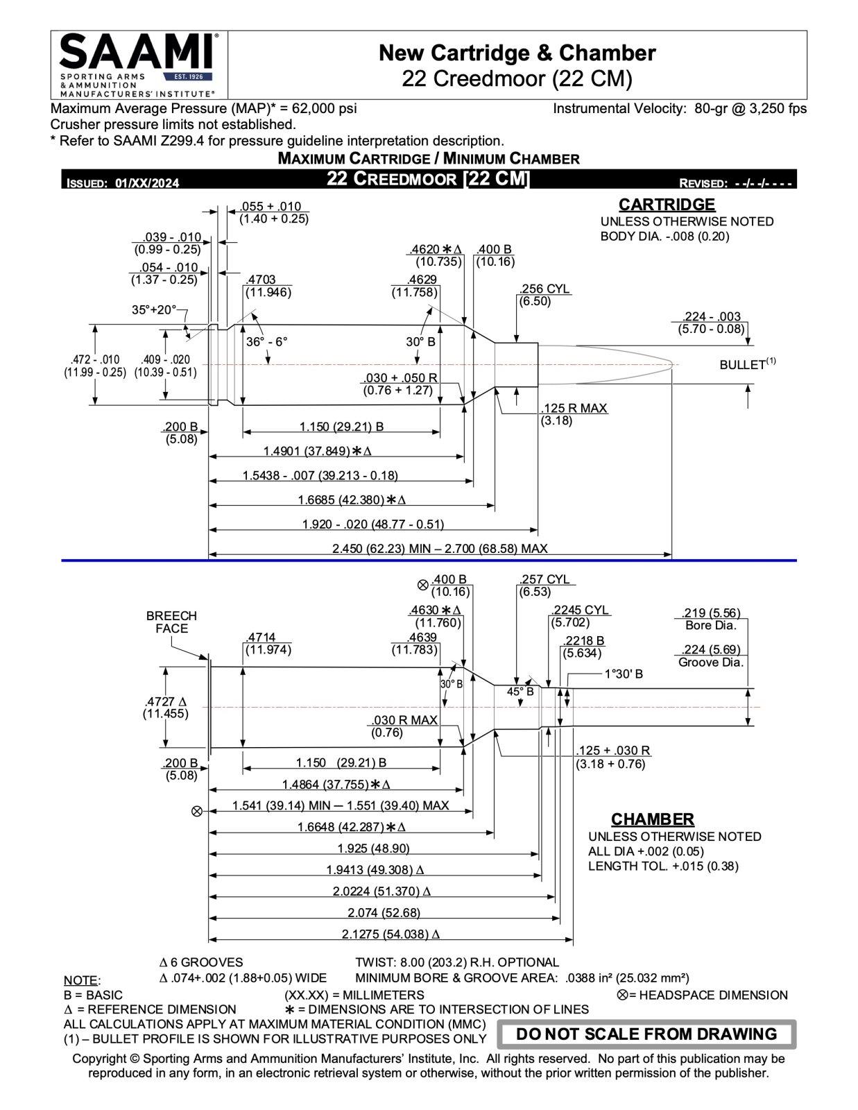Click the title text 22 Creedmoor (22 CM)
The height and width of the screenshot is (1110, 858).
pyautogui.click(x=517, y=79)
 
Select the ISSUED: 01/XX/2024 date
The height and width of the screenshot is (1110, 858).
pyautogui.click(x=123, y=183)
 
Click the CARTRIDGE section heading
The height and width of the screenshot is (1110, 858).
pyautogui.click(x=667, y=205)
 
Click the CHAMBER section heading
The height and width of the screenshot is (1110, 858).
pyautogui.click(x=652, y=819)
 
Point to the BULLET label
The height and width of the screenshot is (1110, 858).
pyautogui.click(x=742, y=365)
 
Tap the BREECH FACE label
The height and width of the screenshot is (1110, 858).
pyautogui.click(x=171, y=622)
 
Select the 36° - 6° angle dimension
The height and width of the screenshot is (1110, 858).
pyautogui.click(x=266, y=342)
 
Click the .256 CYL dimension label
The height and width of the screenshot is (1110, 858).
pyautogui.click(x=544, y=289)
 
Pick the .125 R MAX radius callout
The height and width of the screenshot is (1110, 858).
pyautogui.click(x=574, y=409)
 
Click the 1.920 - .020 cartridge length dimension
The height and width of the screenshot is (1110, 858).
pyautogui.click(x=372, y=524)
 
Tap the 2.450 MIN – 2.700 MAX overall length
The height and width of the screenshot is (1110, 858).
pyautogui.click(x=440, y=549)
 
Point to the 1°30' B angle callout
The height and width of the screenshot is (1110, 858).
pyautogui.click(x=624, y=674)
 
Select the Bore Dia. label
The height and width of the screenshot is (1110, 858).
pyautogui.click(x=710, y=626)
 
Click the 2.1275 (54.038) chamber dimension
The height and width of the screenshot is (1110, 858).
pyautogui.click(x=391, y=934)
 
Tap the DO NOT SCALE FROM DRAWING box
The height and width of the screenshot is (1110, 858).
pyautogui.click(x=646, y=1034)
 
